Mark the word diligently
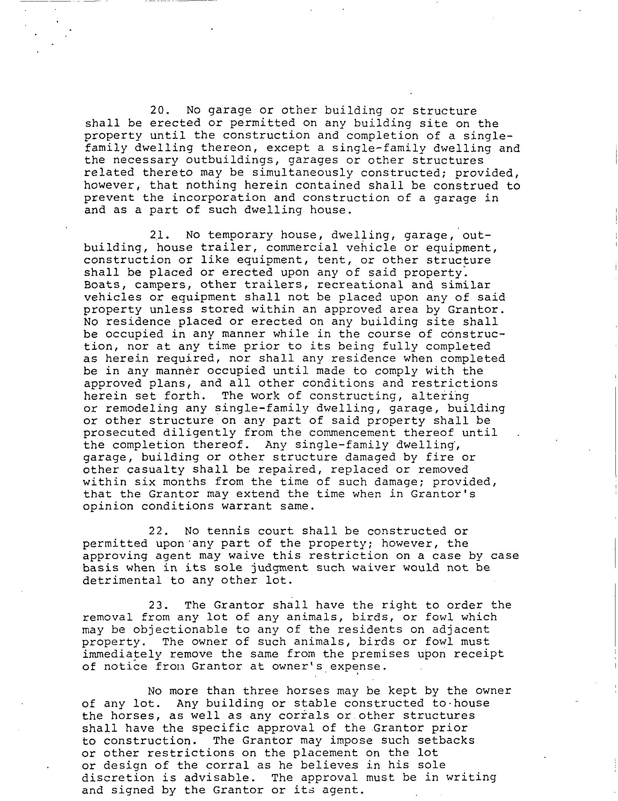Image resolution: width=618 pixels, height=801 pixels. (200, 433)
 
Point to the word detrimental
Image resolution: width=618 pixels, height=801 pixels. (122, 580)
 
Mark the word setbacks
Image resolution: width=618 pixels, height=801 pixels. (446, 741)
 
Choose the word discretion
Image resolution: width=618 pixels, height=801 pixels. (118, 778)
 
